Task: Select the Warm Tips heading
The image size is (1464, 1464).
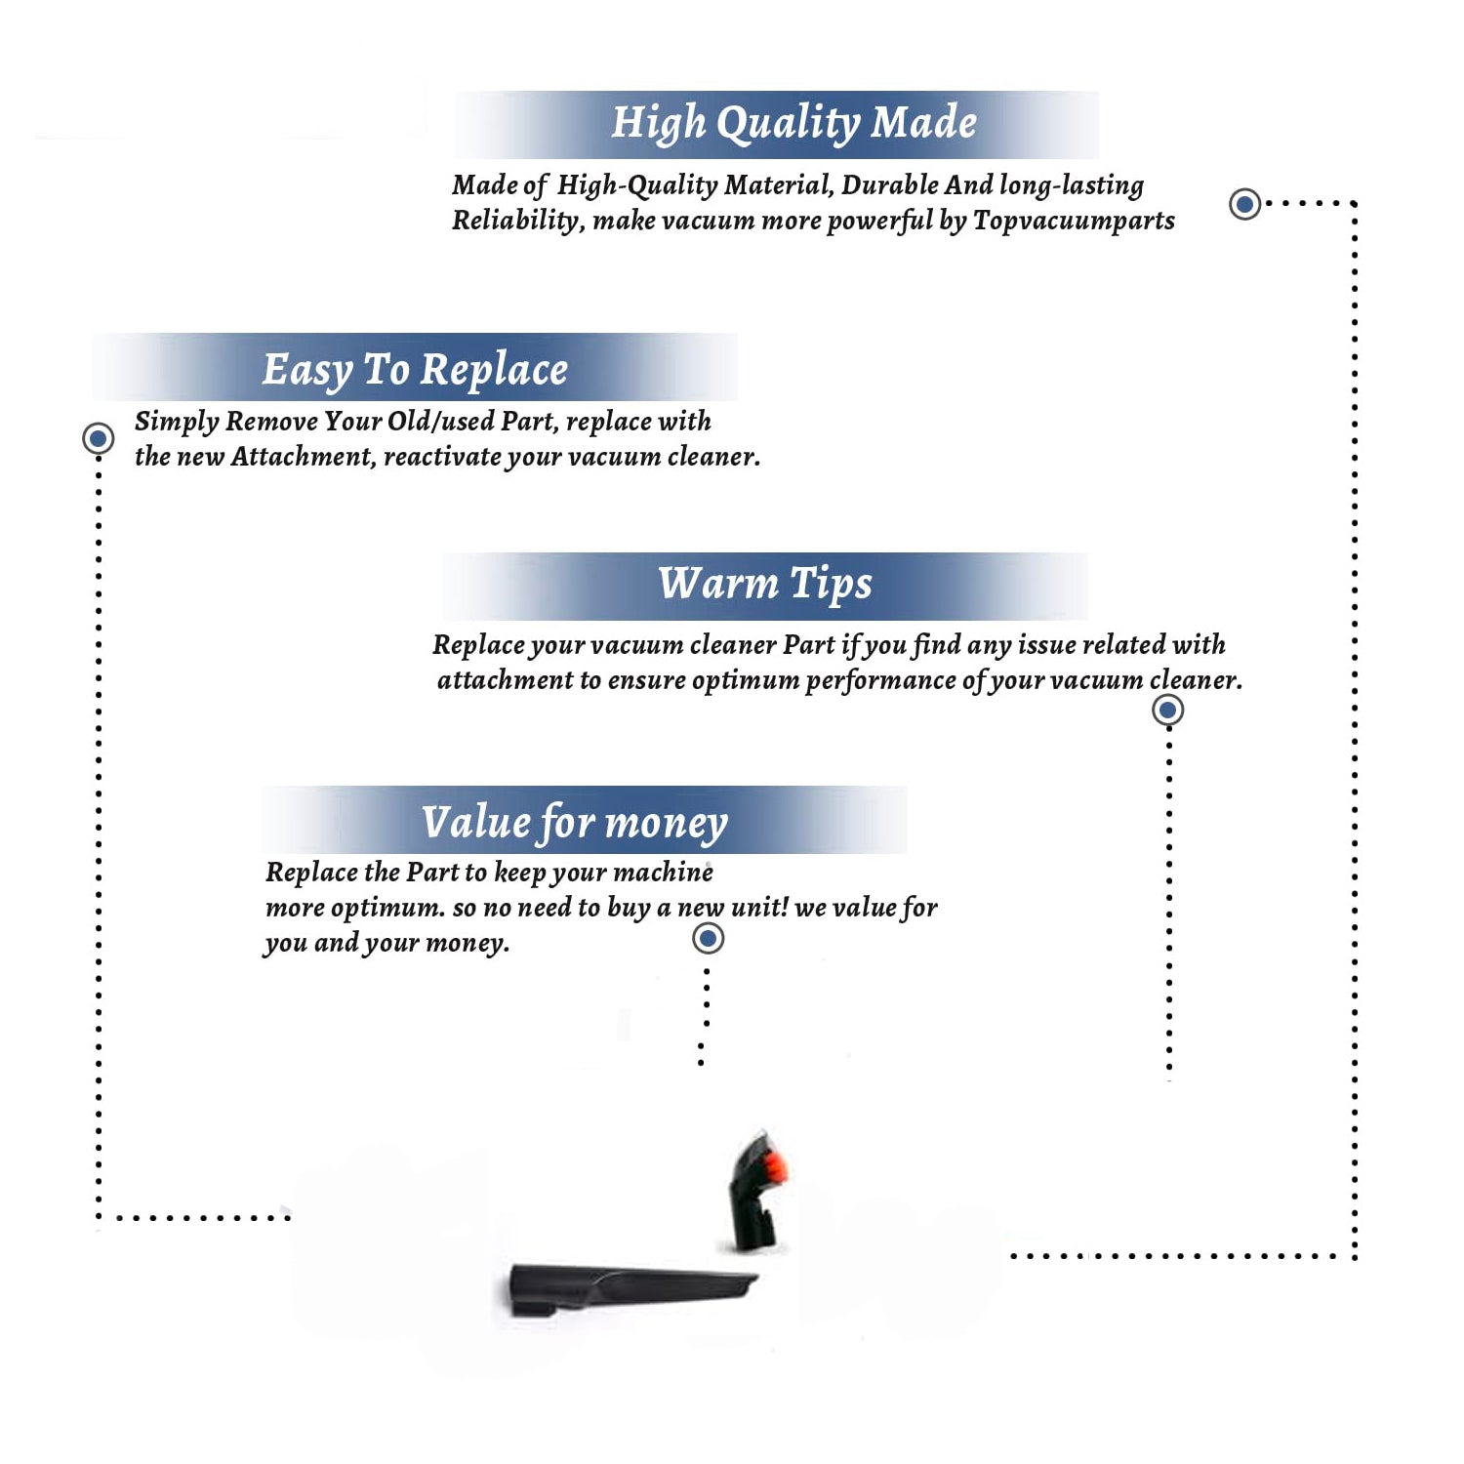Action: [765, 584]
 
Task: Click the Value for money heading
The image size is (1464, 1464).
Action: [575, 823]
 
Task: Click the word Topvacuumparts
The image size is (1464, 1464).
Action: [1074, 222]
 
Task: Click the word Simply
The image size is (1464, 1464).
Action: [177, 423]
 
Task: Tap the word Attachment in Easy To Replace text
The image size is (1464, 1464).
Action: [303, 457]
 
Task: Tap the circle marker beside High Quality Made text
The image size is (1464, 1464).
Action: [1244, 204]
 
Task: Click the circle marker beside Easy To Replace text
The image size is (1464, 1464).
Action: [98, 438]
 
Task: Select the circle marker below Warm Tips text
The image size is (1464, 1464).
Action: [1167, 710]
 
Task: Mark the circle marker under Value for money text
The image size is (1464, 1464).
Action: [708, 939]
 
